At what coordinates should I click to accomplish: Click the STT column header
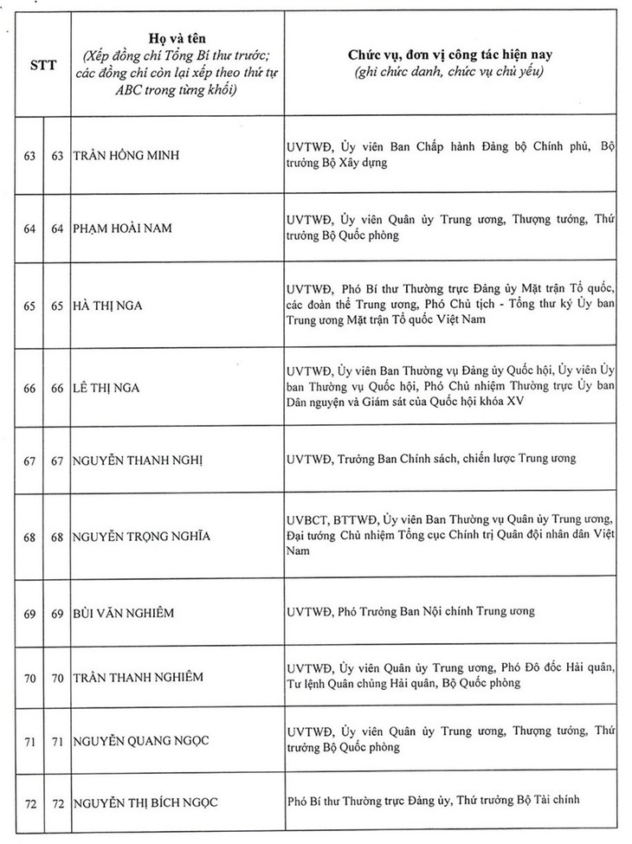coord(43,62)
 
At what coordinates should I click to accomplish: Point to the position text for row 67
coord(430,458)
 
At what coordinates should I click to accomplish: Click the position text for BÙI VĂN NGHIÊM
coord(409,612)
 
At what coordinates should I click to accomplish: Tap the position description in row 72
coord(438,802)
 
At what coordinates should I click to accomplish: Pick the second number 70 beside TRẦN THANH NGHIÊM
coord(57,676)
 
